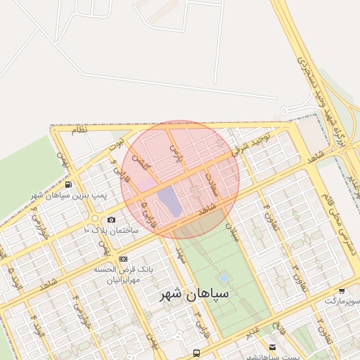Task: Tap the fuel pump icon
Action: (67, 184)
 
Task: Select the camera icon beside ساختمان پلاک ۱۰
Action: (112, 220)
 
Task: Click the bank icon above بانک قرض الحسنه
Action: (123, 259)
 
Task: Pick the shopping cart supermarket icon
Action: (341, 290)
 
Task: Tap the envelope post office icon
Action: (273, 347)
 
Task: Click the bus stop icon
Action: (196, 353)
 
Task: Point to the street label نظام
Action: (79, 130)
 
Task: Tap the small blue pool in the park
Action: (224, 278)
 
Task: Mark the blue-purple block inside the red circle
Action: (169, 200)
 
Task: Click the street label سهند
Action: (181, 250)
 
